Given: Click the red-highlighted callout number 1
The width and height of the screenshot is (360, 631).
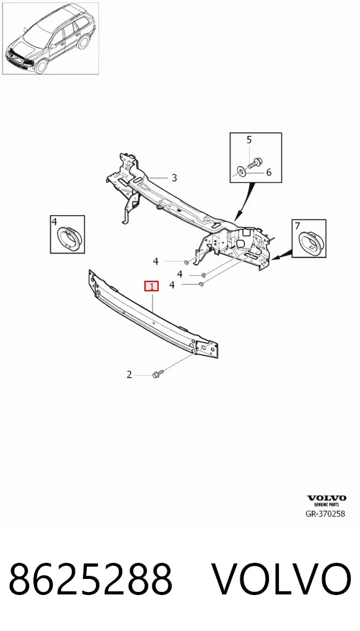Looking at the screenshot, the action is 152,286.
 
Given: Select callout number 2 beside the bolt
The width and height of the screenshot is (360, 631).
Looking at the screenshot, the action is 129,374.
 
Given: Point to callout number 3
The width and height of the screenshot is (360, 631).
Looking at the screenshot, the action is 173,177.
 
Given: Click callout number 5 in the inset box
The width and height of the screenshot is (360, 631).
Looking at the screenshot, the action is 249,139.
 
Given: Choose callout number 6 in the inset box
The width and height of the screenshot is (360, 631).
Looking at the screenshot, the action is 268,172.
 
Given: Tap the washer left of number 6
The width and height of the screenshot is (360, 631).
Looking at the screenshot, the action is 240,172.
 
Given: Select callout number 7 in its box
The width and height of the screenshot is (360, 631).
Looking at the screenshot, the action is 297,226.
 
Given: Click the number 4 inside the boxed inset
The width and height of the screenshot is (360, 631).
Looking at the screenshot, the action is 55,221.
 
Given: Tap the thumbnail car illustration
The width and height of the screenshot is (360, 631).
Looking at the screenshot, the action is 50,38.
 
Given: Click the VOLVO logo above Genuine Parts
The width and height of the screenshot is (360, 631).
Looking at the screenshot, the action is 327,498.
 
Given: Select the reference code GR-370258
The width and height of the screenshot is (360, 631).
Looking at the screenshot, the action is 325,513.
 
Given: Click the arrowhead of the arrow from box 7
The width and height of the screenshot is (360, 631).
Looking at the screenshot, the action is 274,258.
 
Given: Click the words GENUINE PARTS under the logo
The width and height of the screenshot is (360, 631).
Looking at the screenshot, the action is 327,504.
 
